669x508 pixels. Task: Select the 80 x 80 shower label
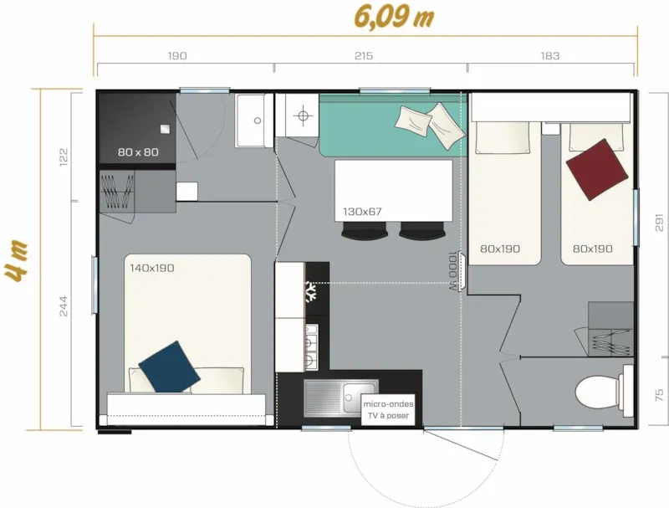click(138, 152)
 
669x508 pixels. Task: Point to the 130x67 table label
click(362, 212)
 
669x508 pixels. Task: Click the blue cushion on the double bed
click(170, 366)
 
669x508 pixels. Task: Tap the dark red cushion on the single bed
click(597, 170)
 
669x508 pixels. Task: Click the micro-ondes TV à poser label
click(388, 409)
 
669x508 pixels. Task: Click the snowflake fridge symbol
click(311, 292)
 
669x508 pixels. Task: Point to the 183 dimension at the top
click(549, 56)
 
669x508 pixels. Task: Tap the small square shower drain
click(165, 128)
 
